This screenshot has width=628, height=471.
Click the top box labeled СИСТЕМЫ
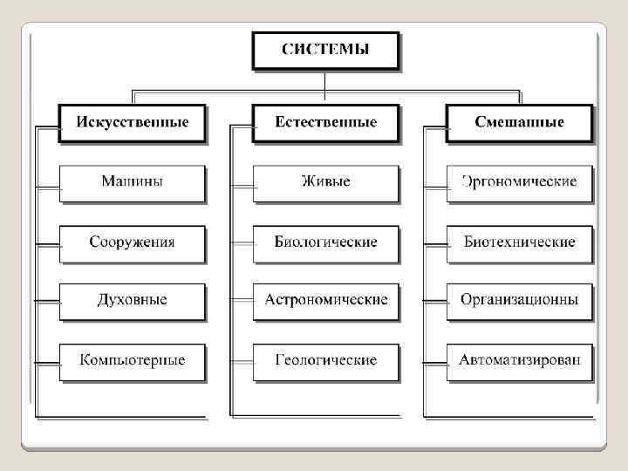324,50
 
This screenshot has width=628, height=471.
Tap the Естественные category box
325,122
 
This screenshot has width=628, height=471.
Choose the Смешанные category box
519,122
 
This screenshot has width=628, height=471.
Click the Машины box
133,182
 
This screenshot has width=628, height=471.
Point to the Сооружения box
133,242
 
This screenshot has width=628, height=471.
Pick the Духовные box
133,300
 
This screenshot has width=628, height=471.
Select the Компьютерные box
133,360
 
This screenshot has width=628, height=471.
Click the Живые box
325,182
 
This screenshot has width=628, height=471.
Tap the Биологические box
325,242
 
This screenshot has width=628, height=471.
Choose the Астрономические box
325,300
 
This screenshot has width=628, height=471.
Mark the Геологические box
325,360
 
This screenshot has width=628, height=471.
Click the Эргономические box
519,182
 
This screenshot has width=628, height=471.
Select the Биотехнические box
519,242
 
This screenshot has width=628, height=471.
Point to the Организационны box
519,300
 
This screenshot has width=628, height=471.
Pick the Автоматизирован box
519,360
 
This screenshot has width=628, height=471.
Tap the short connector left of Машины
47,187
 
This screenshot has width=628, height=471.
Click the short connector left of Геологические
242,361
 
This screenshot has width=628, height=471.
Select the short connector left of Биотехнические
435,245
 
